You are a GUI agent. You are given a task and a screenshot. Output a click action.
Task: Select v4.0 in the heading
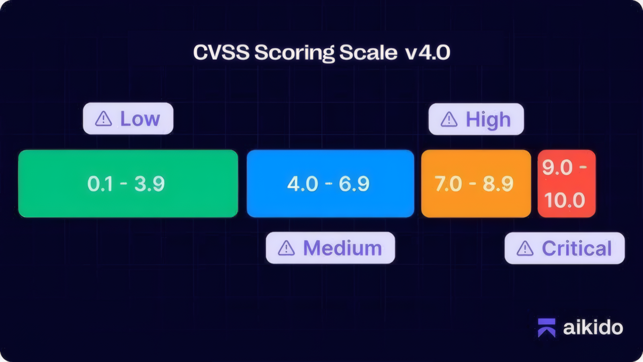pos(428,53)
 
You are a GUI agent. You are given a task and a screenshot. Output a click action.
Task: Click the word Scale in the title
pos(368,52)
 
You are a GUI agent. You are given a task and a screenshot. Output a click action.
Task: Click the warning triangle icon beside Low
pos(103,119)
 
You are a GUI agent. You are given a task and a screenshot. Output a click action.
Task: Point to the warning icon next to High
pos(449,119)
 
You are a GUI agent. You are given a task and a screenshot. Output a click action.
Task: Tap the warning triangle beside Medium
pos(286,248)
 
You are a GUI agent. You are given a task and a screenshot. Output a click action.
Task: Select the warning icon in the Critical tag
pos(525,248)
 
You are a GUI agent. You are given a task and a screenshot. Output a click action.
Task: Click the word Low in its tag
pos(140,119)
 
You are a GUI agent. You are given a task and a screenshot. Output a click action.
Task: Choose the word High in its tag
pos(488,120)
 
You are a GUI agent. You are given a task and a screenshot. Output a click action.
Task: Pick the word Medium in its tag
pos(342,248)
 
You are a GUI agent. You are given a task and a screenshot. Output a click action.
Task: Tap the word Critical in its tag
pos(577,248)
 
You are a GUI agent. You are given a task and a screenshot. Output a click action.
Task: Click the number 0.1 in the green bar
pos(100,184)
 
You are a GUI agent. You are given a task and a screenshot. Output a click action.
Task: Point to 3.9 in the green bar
pos(149,184)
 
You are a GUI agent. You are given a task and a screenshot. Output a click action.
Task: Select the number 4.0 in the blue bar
pos(302,184)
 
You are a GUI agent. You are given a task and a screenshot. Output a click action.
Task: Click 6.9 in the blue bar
pos(354,184)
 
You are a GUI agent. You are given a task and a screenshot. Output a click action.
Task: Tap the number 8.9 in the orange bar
pos(498,184)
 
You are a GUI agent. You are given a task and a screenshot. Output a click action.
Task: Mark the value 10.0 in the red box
pos(565,200)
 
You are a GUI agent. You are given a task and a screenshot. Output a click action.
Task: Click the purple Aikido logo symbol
pos(547,327)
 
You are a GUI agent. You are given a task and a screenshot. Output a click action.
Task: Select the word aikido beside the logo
pos(593,327)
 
